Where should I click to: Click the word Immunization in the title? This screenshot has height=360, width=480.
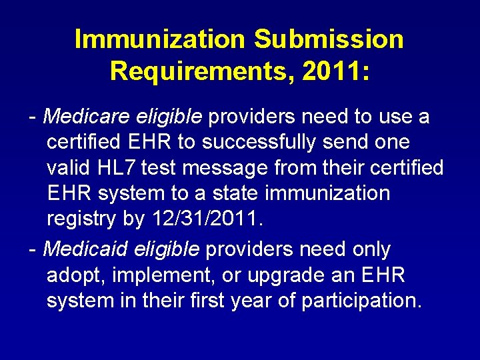pyautogui.click(x=160, y=39)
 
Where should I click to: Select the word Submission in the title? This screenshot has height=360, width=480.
pyautogui.click(x=329, y=39)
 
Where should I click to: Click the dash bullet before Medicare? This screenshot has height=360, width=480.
pyautogui.click(x=33, y=118)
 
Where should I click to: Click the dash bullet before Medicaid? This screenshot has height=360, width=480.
pyautogui.click(x=33, y=250)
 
